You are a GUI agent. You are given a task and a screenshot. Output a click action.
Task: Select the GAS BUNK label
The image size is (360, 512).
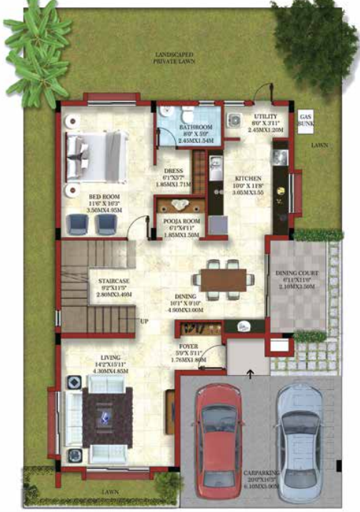[306, 119]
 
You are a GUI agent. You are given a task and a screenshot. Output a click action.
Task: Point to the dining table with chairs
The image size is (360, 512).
[222, 278]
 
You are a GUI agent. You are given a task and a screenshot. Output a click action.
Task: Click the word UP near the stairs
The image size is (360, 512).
[144, 321]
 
